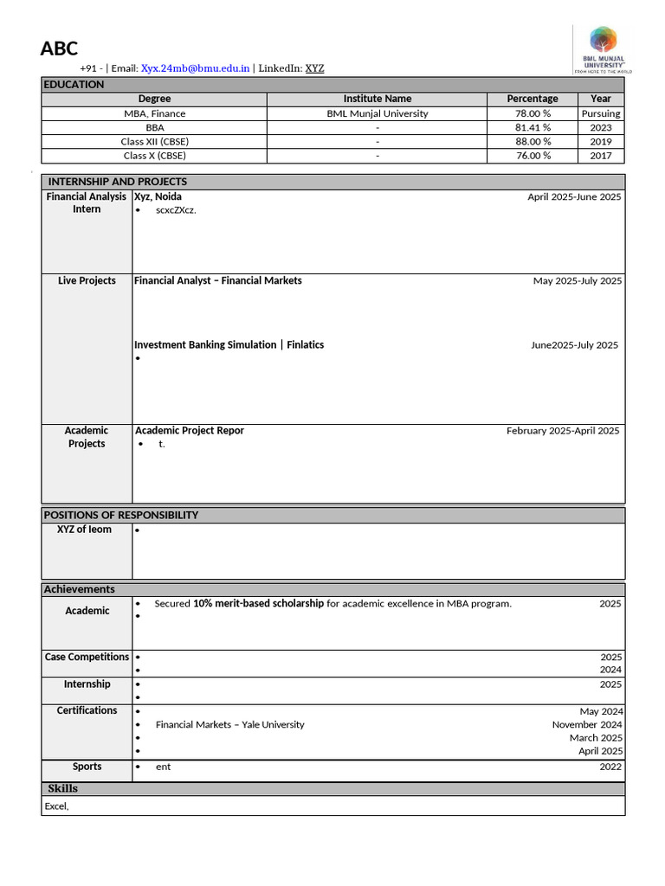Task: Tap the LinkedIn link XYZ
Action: (314, 68)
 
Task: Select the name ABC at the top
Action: (59, 48)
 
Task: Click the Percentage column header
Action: (532, 99)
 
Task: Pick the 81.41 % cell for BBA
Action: (532, 127)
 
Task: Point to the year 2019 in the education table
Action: (600, 141)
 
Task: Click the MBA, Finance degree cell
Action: (154, 113)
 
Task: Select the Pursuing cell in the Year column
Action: (600, 113)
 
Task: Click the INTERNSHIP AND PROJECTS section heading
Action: (117, 182)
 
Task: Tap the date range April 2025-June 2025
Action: (574, 196)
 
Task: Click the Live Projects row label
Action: (87, 280)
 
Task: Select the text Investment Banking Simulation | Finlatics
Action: (229, 344)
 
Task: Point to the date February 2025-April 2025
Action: (563, 430)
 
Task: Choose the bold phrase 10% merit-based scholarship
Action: (258, 603)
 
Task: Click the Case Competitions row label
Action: (87, 657)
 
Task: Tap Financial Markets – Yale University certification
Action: (229, 724)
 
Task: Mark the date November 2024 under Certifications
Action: (587, 724)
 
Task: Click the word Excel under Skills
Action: (55, 806)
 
